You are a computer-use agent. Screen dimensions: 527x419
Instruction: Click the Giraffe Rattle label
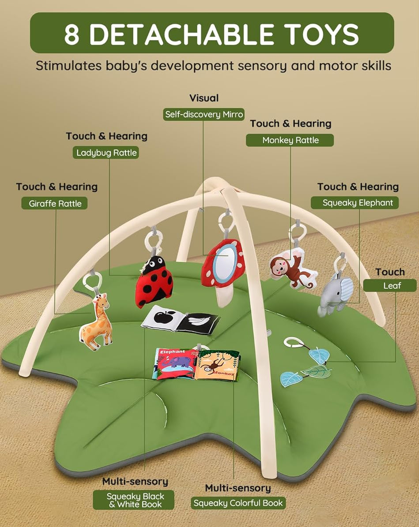click(55, 203)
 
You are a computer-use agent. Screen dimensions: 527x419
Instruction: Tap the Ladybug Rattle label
click(106, 153)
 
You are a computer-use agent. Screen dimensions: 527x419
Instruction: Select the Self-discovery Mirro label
click(204, 114)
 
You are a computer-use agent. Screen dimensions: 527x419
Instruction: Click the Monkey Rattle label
click(290, 140)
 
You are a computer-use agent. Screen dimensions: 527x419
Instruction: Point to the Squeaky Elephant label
click(357, 203)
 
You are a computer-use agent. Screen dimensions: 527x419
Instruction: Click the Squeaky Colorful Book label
click(238, 503)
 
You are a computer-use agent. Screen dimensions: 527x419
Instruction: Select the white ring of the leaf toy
click(293, 343)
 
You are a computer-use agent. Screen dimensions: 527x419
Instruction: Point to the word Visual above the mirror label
click(204, 98)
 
